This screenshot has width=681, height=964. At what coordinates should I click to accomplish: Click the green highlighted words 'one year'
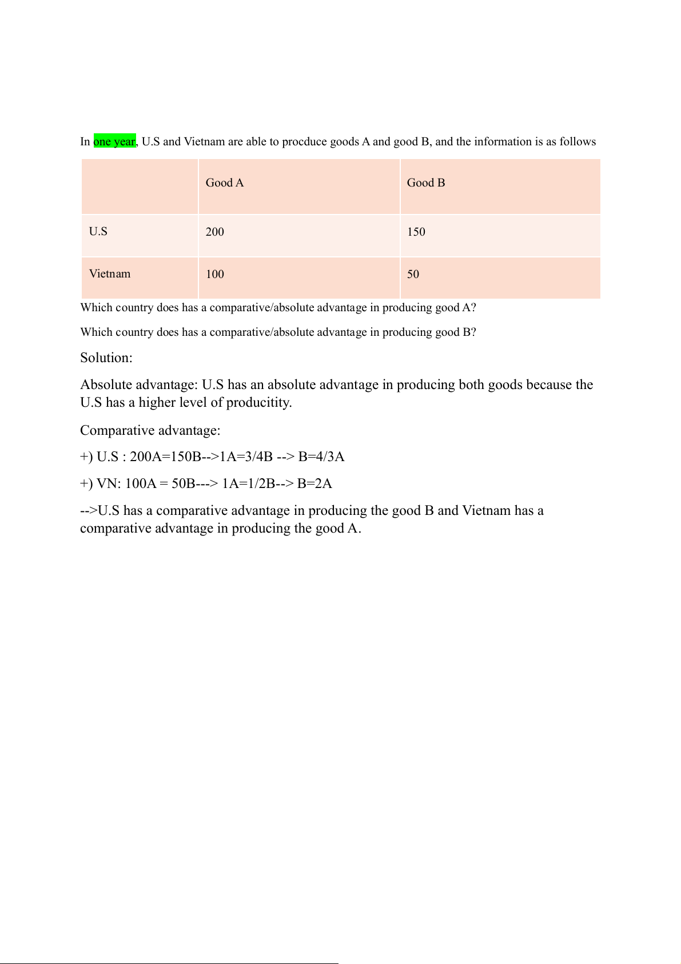click(114, 141)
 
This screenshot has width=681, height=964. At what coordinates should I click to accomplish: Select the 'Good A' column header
click(225, 183)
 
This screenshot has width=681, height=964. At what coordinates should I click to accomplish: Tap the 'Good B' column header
click(426, 183)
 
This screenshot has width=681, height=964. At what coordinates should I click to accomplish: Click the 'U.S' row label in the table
click(98, 232)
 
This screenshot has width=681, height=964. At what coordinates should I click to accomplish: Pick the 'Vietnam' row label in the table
click(110, 274)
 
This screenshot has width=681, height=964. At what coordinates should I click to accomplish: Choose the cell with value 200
click(215, 232)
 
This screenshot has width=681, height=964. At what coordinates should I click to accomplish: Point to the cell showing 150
click(416, 232)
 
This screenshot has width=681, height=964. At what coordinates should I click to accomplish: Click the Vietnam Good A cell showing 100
click(215, 275)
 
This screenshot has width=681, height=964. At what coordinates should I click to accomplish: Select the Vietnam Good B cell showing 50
click(413, 275)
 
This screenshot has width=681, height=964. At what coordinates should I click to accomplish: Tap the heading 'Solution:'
click(106, 358)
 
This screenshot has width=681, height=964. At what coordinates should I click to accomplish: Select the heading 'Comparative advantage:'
click(150, 430)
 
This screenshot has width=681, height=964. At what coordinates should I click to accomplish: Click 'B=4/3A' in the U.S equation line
click(321, 457)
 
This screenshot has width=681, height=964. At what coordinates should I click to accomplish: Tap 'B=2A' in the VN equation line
click(314, 484)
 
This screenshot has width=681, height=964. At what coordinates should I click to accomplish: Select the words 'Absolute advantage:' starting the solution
click(139, 385)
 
